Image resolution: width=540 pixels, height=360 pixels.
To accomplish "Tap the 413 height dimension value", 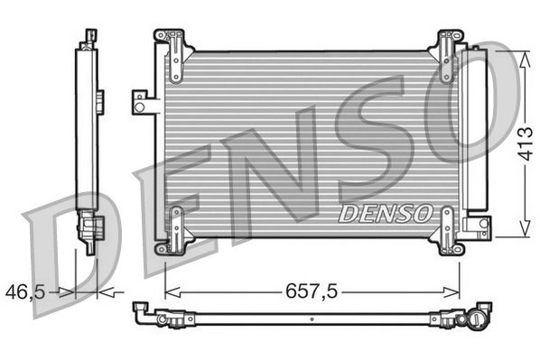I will pos(523,143).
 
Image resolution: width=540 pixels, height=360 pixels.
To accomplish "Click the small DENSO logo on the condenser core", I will pos(384,214).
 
